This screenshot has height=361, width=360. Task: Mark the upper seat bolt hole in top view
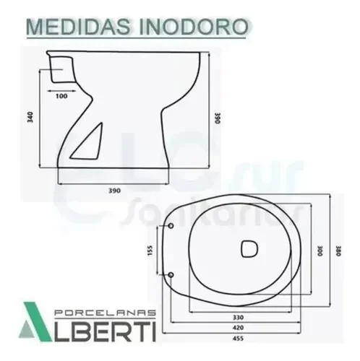point(172,224)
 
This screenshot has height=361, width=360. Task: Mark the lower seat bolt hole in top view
point(172,274)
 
